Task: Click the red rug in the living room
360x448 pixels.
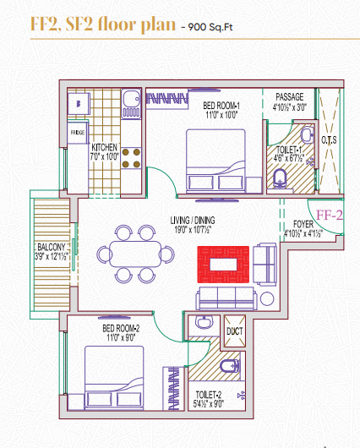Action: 223,262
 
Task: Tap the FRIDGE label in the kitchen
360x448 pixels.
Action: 77,133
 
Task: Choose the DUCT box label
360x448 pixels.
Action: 233,331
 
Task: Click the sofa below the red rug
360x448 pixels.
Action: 224,297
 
